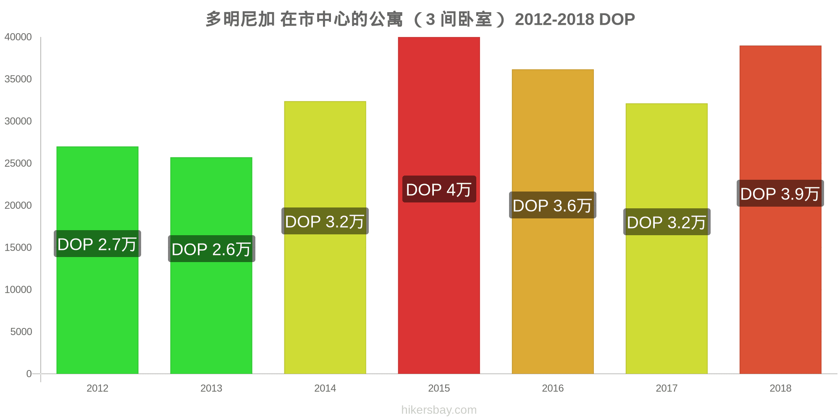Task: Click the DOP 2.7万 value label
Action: click(97, 244)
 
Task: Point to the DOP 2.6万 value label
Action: click(211, 249)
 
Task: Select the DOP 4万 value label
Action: click(439, 189)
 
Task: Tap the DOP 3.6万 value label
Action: click(553, 205)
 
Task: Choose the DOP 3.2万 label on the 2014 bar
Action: click(325, 221)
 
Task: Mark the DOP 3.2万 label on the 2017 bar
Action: click(667, 222)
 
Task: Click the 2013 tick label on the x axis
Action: click(211, 388)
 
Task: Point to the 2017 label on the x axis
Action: click(667, 388)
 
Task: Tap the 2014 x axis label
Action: click(325, 388)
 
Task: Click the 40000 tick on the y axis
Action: click(18, 37)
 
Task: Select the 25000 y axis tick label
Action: click(18, 163)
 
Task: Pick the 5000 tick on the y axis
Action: click(21, 332)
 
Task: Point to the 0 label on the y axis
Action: click(29, 374)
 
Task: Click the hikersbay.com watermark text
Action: click(439, 410)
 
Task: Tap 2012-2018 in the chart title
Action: click(554, 19)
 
